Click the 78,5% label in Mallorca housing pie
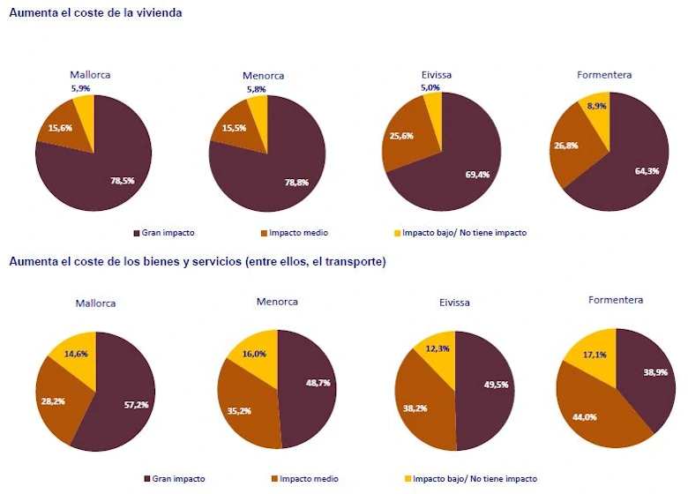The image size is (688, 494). coord(122,180)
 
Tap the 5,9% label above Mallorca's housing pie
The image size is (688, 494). coord(81,88)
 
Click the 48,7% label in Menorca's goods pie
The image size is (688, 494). coord(311,384)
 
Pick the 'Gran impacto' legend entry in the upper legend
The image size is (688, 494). coord(168,233)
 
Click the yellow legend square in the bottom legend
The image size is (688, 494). coord(408,479)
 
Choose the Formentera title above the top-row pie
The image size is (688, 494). coord(604,75)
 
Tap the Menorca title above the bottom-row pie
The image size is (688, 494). coord(277,302)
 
